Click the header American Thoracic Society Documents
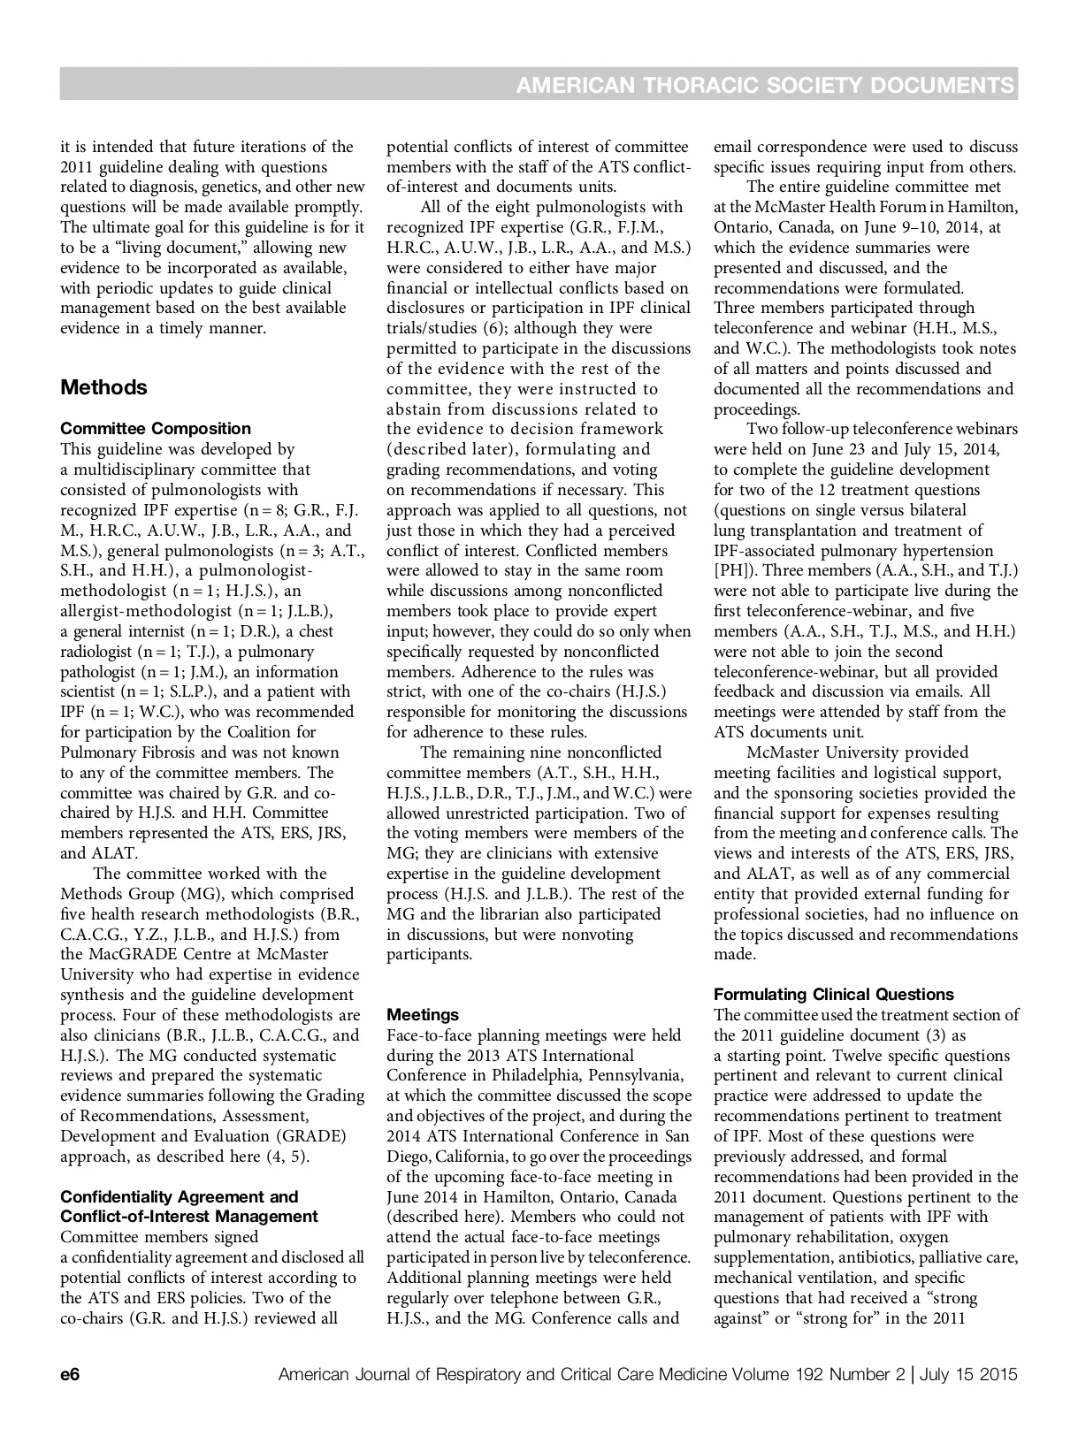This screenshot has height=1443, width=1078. click(x=764, y=85)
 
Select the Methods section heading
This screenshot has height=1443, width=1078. click(x=103, y=387)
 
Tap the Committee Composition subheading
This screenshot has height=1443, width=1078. click(x=156, y=429)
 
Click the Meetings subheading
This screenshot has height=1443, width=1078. click(x=423, y=1015)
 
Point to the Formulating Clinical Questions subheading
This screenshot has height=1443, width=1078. click(x=834, y=995)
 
